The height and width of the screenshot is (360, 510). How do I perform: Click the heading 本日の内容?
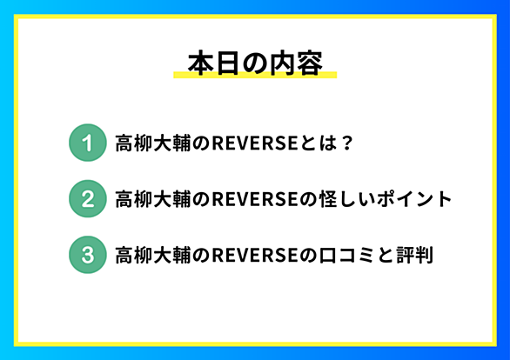pyautogui.click(x=255, y=63)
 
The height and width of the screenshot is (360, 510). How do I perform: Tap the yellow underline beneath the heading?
pyautogui.click(x=255, y=75)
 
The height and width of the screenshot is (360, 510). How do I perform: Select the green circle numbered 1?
pyautogui.click(x=88, y=143)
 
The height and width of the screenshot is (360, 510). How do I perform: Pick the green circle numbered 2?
pyautogui.click(x=88, y=199)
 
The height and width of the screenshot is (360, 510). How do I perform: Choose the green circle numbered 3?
pyautogui.click(x=88, y=255)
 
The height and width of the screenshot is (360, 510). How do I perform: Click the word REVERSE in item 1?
pyautogui.click(x=255, y=143)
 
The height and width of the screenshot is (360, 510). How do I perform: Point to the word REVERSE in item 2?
pyautogui.click(x=255, y=199)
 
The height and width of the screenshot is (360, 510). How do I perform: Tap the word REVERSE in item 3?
pyautogui.click(x=255, y=255)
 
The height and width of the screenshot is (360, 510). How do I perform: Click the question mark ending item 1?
pyautogui.click(x=346, y=143)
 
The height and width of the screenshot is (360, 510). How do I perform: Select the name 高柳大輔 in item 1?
pyautogui.click(x=153, y=143)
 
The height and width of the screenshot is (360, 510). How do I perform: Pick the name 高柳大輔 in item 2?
pyautogui.click(x=153, y=199)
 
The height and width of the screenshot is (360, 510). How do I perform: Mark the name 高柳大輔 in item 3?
pyautogui.click(x=153, y=255)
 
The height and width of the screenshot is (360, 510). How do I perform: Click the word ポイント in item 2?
pyautogui.click(x=414, y=199)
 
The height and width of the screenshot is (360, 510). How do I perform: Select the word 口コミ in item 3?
pyautogui.click(x=346, y=255)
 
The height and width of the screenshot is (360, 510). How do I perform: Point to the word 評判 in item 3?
pyautogui.click(x=414, y=255)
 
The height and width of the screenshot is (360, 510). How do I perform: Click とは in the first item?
pyautogui.click(x=319, y=143)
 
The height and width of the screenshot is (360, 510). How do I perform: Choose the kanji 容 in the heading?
pyautogui.click(x=309, y=63)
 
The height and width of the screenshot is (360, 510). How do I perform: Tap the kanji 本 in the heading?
pyautogui.click(x=201, y=63)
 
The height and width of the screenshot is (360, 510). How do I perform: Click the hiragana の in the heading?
pyautogui.click(x=255, y=63)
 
